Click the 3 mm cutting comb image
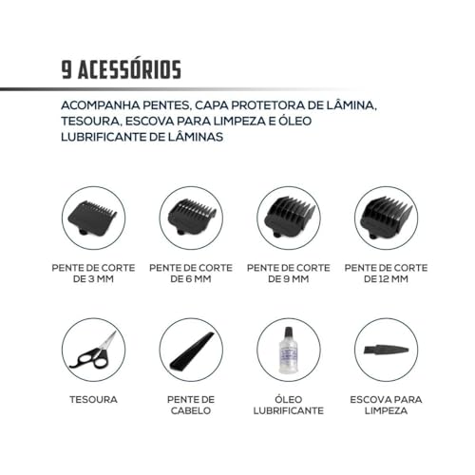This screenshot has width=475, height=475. [x=92, y=218]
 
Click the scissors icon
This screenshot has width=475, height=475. [x=92, y=351]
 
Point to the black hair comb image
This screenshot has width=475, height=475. [x=189, y=351]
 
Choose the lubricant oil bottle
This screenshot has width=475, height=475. [x=287, y=352]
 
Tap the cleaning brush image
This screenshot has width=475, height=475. [x=384, y=351]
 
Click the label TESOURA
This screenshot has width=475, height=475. [x=92, y=400]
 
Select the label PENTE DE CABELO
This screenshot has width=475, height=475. [x=189, y=406]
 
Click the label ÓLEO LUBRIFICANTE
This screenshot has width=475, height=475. [x=287, y=406]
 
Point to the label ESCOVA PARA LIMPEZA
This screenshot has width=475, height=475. [x=384, y=406]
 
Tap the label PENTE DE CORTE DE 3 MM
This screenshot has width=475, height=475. [x=92, y=274]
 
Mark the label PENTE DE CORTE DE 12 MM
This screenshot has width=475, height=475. [x=384, y=274]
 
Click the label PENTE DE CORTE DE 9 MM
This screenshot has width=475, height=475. [x=287, y=274]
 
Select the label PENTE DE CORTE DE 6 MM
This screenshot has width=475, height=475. [x=189, y=274]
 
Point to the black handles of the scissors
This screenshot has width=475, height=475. [x=84, y=359]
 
